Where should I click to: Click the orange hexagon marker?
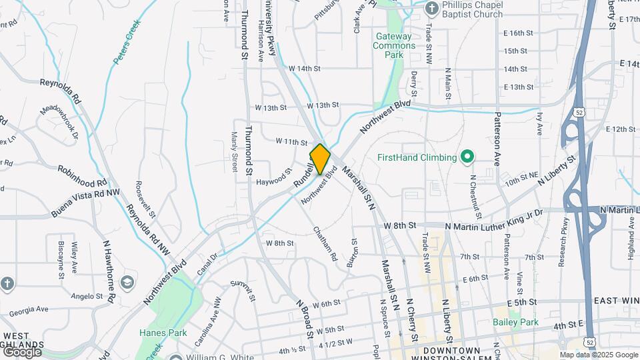point(320,159)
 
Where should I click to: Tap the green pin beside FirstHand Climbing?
point(467,157)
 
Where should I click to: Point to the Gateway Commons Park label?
point(395,45)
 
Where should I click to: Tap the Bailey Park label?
point(515,322)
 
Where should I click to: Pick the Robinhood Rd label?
point(82,175)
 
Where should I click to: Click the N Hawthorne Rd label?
point(106,270)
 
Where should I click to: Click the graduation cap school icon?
point(127,283)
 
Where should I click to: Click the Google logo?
point(22,351)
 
